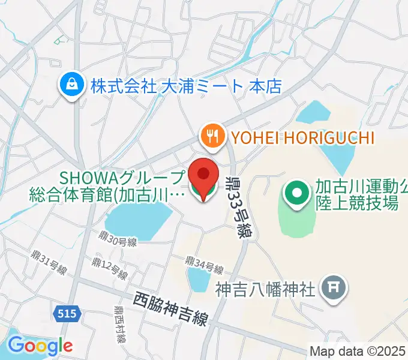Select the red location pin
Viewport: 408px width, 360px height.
click(203, 177)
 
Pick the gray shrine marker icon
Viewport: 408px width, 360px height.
click(333, 289)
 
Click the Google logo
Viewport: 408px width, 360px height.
click(40, 346)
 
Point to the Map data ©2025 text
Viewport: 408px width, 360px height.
click(358, 350)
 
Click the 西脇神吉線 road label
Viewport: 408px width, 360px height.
click(170, 308)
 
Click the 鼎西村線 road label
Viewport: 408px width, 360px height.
click(121, 325)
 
